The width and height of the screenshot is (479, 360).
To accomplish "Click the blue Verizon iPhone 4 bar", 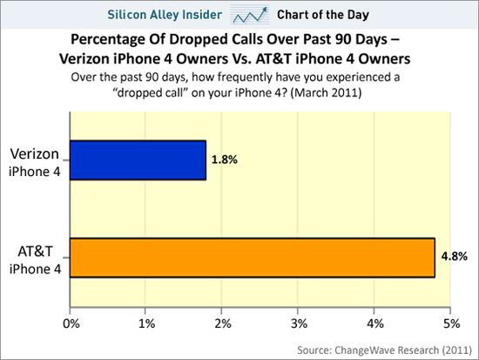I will point(138,160).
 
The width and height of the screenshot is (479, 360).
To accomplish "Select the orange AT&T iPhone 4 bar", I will point(252,257).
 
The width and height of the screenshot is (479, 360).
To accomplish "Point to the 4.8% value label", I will point(456,257).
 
